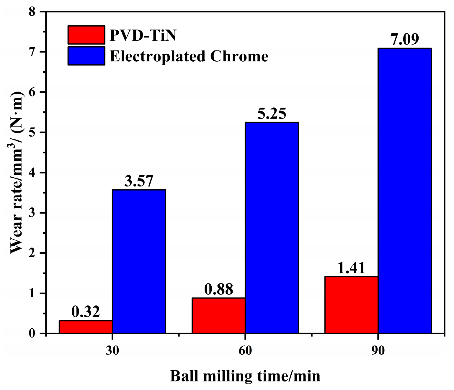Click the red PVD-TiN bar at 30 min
click(86, 327)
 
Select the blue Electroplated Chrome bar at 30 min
click(139, 261)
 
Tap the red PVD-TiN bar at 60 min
click(218, 316)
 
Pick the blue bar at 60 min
click(272, 228)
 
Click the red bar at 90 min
click(351, 305)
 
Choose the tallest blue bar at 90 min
click(405, 191)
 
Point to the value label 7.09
click(405, 40)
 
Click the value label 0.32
click(86, 312)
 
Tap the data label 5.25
click(272, 114)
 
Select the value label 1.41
click(351, 268)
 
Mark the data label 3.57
click(139, 181)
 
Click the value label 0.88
click(218, 289)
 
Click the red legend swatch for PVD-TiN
click(86, 35)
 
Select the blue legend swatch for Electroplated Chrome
click(86, 56)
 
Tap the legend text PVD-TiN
click(143, 35)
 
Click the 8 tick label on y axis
click(32, 12)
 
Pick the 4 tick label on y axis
click(32, 173)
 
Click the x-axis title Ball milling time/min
click(245, 376)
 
